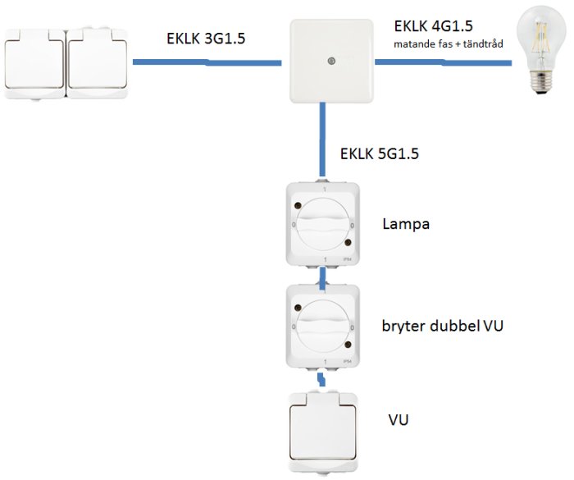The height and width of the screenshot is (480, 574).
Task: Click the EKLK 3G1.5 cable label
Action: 206,39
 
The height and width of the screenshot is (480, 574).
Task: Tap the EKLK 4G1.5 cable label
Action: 434,26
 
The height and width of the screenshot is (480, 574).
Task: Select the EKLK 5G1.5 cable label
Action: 379,153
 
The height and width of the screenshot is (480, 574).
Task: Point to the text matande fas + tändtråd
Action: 448,44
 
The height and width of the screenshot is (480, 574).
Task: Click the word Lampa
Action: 406,223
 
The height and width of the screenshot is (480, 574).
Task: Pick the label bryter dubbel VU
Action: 443,326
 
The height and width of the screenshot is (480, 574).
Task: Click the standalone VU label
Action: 399,419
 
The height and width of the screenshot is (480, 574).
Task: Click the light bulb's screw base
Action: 541,82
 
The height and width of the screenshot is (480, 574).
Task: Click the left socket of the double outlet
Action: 34,64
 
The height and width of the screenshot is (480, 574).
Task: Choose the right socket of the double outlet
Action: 98,63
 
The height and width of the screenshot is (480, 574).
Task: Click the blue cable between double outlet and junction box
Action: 207,62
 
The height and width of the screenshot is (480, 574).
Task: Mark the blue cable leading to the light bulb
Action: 444,63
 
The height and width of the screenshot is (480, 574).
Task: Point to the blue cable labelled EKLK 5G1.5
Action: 322,140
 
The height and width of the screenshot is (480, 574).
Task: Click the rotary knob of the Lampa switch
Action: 323,223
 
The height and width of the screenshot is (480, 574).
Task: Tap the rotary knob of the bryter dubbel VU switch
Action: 323,326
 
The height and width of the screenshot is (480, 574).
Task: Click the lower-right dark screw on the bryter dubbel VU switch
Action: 348,345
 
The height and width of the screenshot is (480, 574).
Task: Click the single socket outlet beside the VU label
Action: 322,432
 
